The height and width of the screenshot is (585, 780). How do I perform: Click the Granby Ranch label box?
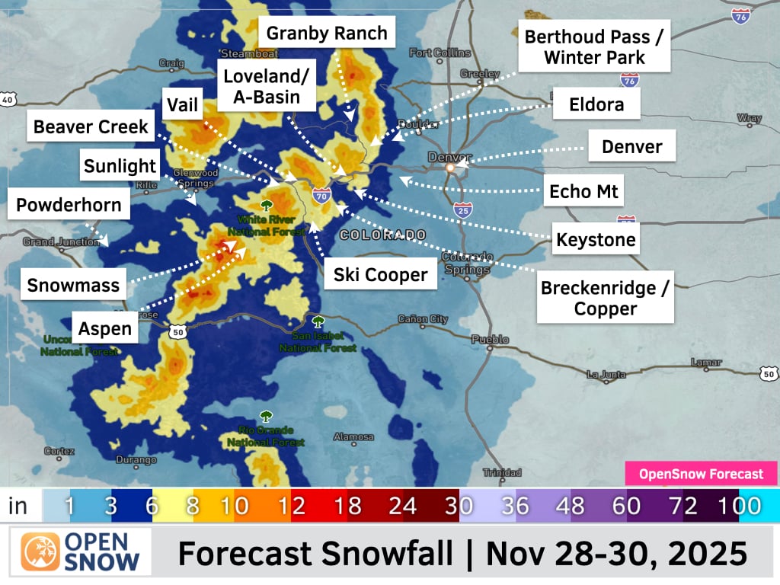[327, 34]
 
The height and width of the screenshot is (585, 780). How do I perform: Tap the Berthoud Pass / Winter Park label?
[594, 46]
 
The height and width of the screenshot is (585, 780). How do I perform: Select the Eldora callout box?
[596, 104]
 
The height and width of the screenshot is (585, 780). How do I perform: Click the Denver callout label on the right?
[631, 146]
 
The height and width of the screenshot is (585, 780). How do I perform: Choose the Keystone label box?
[596, 241]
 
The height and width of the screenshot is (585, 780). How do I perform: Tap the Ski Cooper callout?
[381, 275]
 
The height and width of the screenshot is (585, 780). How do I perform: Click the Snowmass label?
[73, 286]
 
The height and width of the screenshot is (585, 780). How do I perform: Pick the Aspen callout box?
[105, 329]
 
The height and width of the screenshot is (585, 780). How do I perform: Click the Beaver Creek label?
[91, 126]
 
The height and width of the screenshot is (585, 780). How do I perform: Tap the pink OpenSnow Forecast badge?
[701, 474]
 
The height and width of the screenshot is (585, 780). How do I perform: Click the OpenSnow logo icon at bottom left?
[40, 552]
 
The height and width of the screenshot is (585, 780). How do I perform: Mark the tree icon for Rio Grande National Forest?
[266, 417]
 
